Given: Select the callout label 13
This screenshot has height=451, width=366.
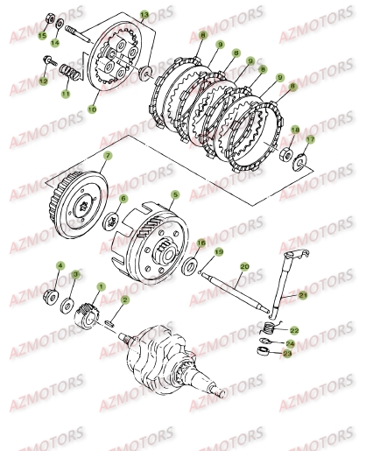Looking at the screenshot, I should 144,15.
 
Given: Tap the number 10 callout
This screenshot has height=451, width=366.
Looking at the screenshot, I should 93,110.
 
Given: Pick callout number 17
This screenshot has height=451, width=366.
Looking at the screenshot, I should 309,139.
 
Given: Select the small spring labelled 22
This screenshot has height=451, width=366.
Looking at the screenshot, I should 271,327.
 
